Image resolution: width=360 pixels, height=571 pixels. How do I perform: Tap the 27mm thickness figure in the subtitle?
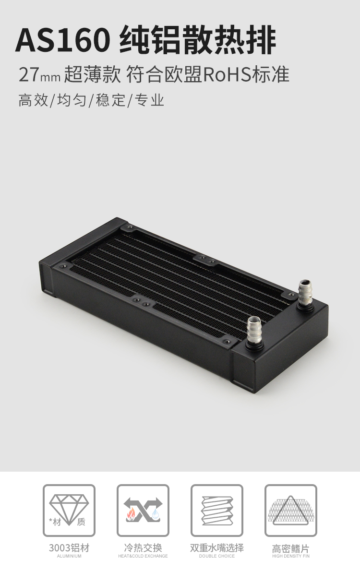click(x=39, y=74)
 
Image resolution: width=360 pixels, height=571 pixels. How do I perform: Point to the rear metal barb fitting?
click(x=305, y=294)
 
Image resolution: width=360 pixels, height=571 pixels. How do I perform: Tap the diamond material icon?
click(x=69, y=510)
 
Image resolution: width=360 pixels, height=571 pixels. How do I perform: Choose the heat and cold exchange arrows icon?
click(x=143, y=510)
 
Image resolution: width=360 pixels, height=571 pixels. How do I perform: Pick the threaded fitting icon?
click(x=217, y=510)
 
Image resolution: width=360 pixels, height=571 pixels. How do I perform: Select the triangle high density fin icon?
click(x=291, y=510)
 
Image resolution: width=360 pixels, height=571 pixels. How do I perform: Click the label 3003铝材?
click(x=69, y=547)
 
